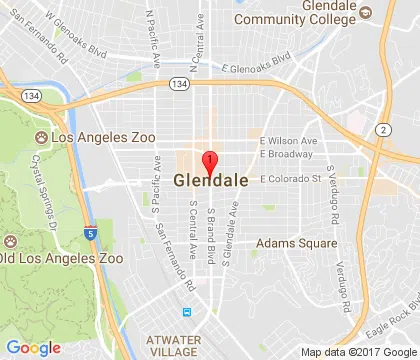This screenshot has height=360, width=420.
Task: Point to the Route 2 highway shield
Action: coord(383,131)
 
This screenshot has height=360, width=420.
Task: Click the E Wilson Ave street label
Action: coord(289,142)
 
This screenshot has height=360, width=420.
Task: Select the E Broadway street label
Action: coord(287,155)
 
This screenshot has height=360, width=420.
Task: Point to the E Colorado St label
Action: coord(293,180)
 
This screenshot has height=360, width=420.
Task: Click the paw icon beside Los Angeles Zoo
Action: coord(41,134)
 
